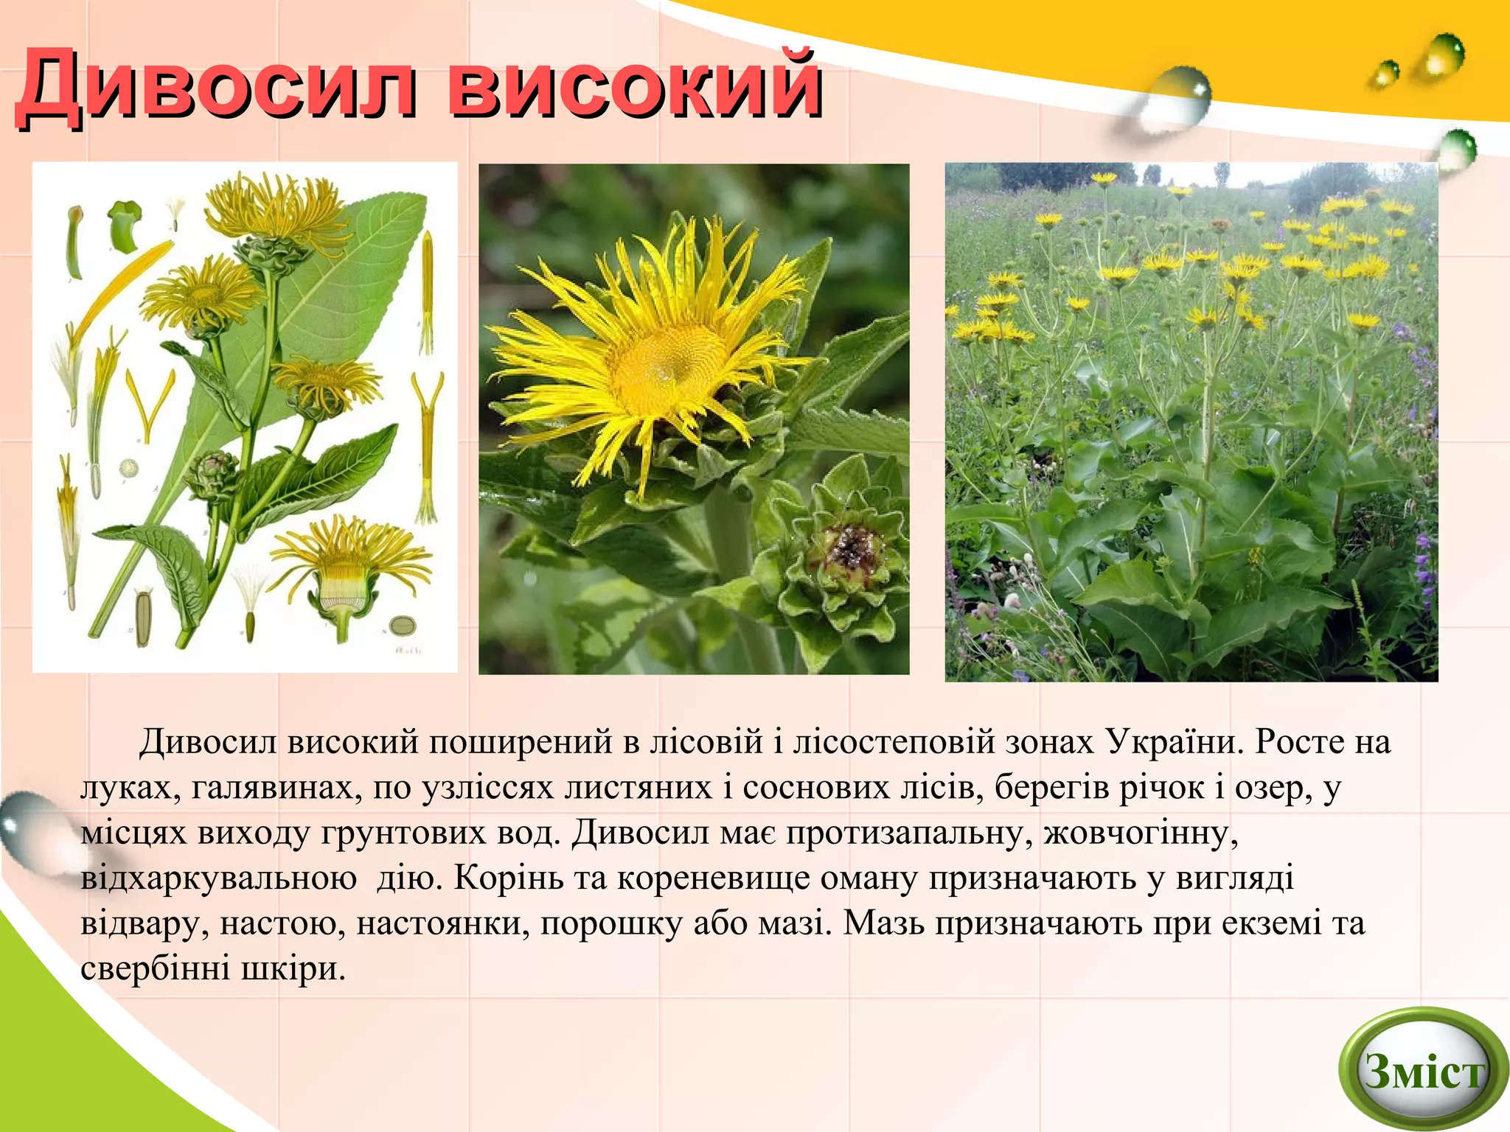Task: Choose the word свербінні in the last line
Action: pos(155,968)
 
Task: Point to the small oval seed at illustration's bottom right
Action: pos(403,626)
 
